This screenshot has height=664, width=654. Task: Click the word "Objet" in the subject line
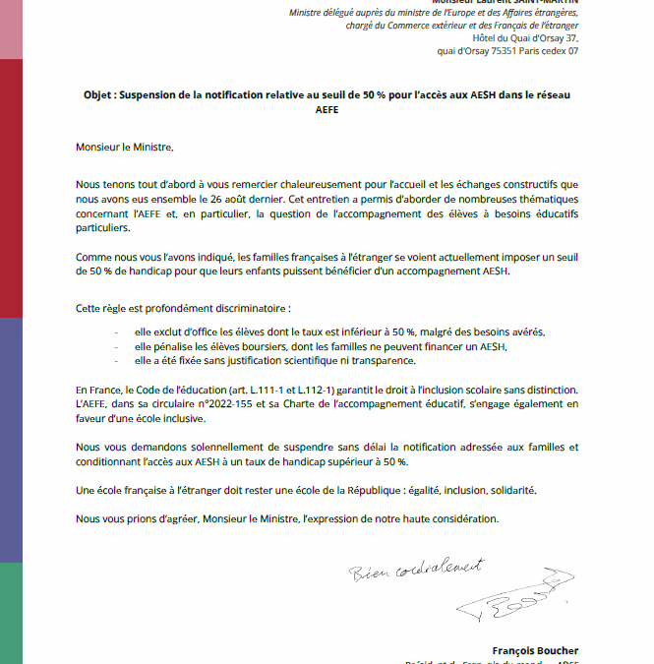click(100, 94)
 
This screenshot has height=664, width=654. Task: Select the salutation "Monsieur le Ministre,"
click(125, 148)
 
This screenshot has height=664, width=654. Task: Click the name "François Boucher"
click(535, 650)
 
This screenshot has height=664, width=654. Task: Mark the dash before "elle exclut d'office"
click(116, 332)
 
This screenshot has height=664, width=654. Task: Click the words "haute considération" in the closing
click(454, 517)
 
